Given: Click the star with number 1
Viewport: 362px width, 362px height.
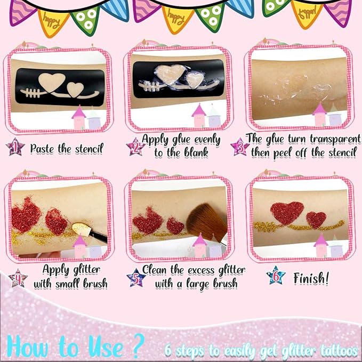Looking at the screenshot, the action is click(15, 147).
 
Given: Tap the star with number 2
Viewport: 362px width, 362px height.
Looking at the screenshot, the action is click(136, 147).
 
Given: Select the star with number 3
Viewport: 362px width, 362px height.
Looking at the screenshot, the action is click(240, 147).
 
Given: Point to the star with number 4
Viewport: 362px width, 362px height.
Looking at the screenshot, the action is click(18, 278).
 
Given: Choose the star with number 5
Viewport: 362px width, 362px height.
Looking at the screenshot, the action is click(136, 278).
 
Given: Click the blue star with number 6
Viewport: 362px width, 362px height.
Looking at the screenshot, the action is click(276, 276).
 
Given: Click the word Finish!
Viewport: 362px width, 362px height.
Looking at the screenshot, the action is click(311, 278).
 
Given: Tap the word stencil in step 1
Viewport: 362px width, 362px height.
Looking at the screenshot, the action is click(90, 148).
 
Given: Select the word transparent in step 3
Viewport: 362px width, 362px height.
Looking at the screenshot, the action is click(335, 139).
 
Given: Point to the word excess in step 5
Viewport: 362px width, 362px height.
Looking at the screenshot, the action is click(201, 270).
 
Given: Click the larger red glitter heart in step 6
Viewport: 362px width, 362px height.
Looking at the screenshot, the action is click(287, 212).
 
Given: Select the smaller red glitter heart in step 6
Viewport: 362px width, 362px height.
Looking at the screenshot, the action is click(316, 220).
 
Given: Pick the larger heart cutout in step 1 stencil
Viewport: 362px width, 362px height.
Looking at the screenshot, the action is click(52, 82).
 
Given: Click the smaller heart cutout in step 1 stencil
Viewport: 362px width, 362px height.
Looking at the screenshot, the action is click(75, 90).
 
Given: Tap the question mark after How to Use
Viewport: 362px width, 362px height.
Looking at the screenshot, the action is click(139, 345).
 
